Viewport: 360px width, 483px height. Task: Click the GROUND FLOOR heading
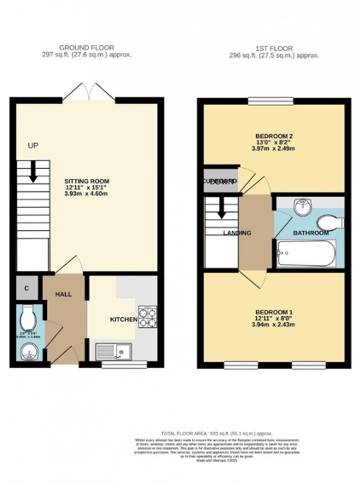86,48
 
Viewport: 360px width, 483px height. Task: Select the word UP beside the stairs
33,146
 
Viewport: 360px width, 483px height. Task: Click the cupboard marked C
27,288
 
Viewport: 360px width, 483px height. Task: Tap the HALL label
63,294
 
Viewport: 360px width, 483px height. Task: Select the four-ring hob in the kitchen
147,317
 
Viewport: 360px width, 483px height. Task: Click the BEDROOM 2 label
274,136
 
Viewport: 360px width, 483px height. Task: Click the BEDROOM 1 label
274,313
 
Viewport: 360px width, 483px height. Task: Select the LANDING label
237,233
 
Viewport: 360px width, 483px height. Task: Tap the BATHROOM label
311,233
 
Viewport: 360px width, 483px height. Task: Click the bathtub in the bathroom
307,253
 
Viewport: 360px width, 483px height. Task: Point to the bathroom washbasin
302,207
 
